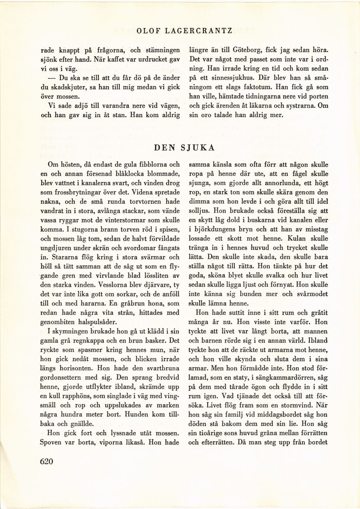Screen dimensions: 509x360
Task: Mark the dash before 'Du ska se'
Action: pos(52,78)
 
